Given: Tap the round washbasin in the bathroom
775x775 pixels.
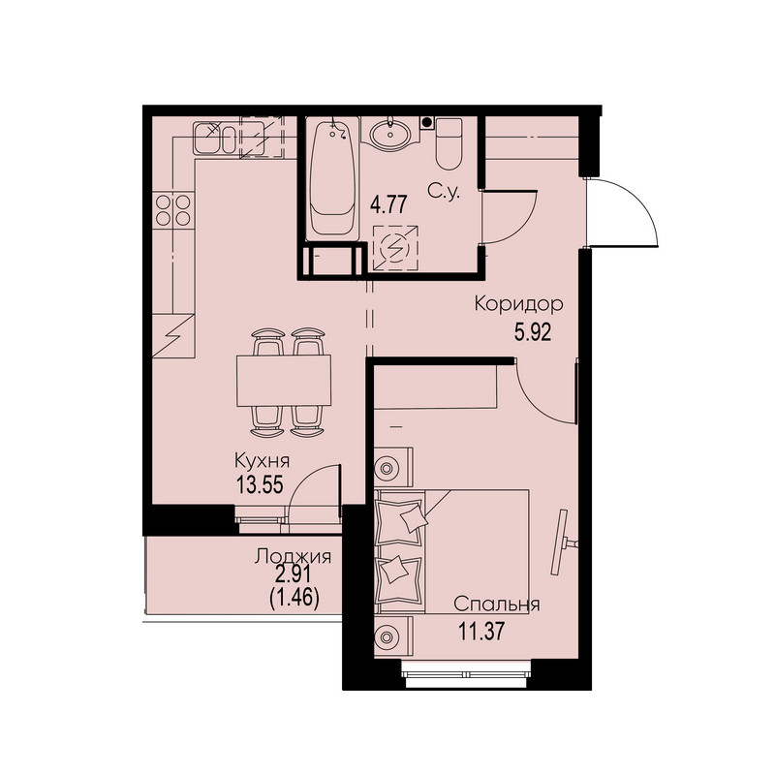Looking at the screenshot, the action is (x=390, y=132).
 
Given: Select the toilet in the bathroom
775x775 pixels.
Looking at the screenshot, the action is (x=449, y=142).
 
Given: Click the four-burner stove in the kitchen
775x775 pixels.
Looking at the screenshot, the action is (x=173, y=210).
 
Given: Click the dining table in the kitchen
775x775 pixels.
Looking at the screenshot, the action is (x=284, y=381).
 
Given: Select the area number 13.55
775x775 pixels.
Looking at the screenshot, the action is (x=260, y=485).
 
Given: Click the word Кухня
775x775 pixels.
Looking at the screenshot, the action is (x=262, y=461).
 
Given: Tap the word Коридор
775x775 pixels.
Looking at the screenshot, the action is (x=518, y=304).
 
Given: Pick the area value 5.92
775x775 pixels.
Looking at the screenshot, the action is (x=532, y=332).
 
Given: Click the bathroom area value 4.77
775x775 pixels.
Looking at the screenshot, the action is (x=388, y=204).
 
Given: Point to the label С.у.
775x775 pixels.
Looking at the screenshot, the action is (x=444, y=192).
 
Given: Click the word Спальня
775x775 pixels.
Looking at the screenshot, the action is (x=496, y=604).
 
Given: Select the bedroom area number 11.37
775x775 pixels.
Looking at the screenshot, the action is (x=481, y=632).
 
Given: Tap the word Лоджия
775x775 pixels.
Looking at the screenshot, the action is (x=293, y=557).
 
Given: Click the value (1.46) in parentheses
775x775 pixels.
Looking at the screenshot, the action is (x=294, y=599).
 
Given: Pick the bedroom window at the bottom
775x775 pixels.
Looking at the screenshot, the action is (x=466, y=673).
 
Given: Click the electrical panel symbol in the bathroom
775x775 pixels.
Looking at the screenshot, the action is (x=395, y=249).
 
